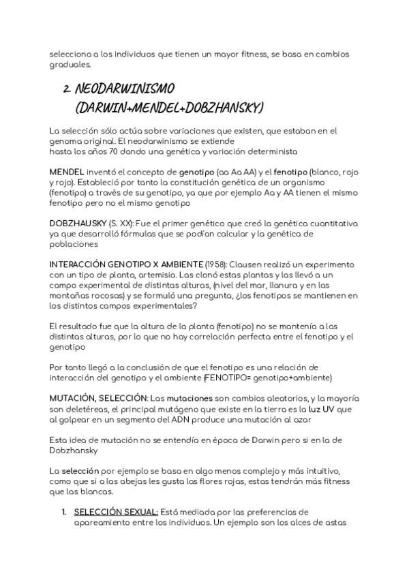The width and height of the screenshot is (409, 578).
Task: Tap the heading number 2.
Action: point(67,89)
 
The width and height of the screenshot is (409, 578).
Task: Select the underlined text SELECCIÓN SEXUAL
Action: point(116,512)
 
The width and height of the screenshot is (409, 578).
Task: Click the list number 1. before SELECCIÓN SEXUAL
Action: point(63,512)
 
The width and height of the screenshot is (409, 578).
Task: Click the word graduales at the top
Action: point(70,65)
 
